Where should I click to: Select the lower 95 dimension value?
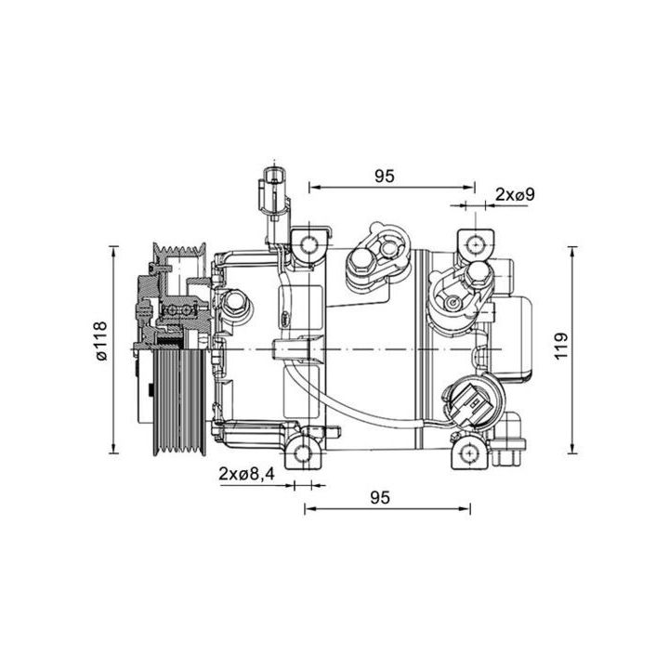[378, 497]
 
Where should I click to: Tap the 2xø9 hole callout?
[515, 194]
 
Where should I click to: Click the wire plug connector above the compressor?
[274, 190]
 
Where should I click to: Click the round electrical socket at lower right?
[470, 403]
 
